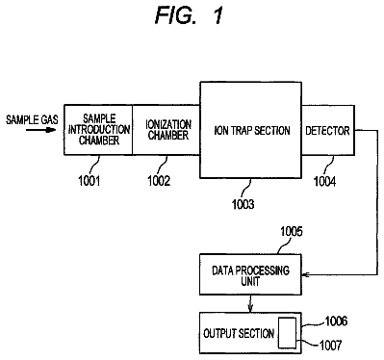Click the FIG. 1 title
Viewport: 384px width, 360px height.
click(189, 15)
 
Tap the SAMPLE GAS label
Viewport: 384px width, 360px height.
click(32, 119)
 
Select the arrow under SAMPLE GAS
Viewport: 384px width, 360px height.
click(40, 130)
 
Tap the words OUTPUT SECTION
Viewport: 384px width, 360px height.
click(239, 333)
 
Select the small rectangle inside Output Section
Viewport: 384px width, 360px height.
click(287, 333)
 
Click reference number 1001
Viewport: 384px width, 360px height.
click(90, 181)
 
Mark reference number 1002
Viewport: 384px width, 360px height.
click(159, 181)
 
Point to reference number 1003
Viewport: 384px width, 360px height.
click(243, 204)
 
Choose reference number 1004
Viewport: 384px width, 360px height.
click(324, 182)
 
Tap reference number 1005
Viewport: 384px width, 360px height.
click(292, 231)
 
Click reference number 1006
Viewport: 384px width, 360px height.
click(336, 321)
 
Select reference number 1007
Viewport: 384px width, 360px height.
click(331, 346)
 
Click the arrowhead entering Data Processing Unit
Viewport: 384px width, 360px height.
click(305, 274)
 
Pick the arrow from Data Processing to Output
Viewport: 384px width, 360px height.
click(250, 303)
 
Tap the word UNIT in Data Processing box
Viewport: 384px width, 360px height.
click(250, 282)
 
